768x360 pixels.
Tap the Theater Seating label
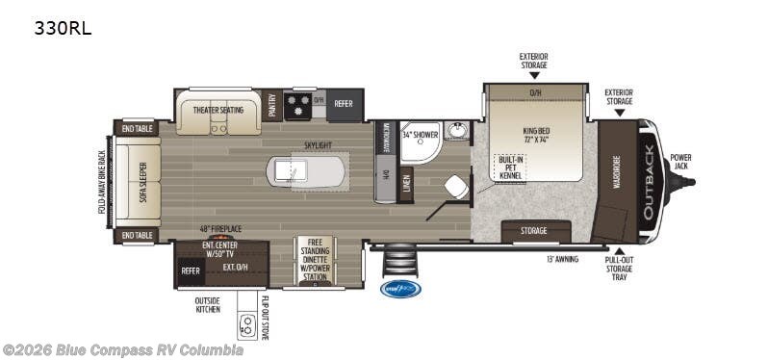[x=218, y=110]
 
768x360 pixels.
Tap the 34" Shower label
[x=420, y=135]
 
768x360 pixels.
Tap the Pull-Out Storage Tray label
[x=620, y=271]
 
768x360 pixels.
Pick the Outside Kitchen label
[x=207, y=304]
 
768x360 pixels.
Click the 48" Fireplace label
[x=219, y=229]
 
